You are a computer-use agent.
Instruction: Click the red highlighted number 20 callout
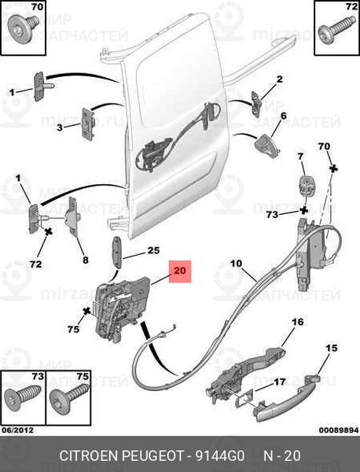coord(180,271)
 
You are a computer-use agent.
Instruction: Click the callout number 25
coord(153,251)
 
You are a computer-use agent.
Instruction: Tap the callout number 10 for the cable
coord(236,264)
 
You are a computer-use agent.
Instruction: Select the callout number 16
coord(298,322)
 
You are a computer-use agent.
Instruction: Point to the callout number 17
coord(279,382)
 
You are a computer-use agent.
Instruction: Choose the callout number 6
coord(284,116)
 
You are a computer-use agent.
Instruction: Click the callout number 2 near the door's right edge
coord(279,79)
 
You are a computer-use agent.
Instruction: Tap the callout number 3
coord(60,127)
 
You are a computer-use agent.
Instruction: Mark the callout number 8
coord(86,260)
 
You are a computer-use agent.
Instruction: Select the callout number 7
coord(300,157)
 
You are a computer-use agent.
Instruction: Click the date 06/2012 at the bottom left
coord(18,430)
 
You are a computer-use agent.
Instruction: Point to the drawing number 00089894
coord(339,430)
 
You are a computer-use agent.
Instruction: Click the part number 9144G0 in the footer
coord(220,455)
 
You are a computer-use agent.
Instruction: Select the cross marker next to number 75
coord(87,311)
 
